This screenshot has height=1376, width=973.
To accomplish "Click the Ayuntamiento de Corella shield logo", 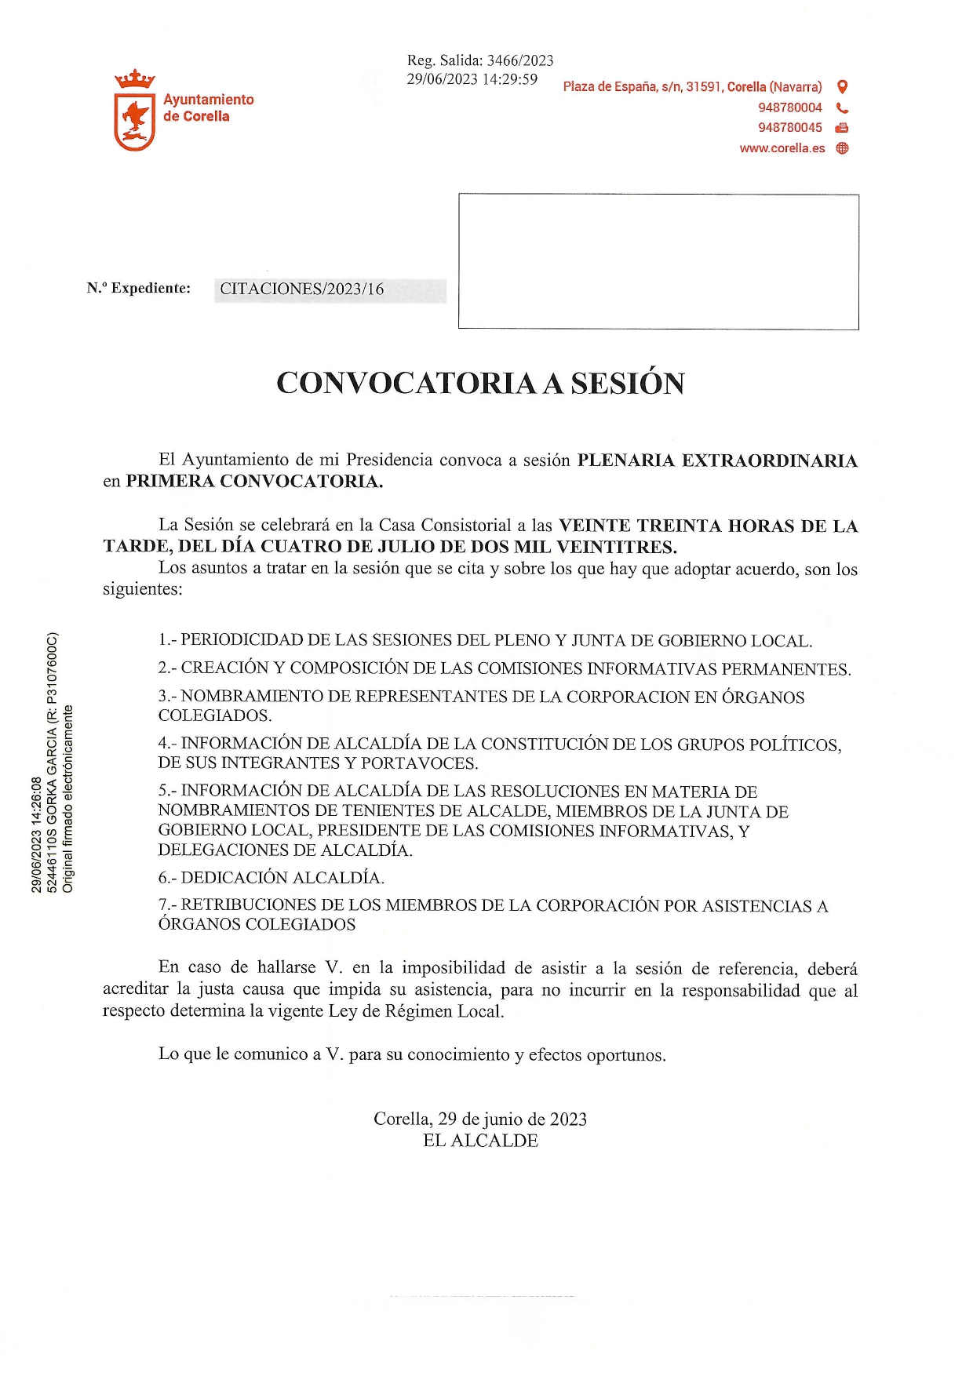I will point(134,111).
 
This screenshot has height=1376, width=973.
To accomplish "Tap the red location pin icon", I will point(842,86).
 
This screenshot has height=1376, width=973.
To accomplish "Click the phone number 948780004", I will point(789,107).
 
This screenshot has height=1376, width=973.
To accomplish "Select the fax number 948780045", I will point(789,128).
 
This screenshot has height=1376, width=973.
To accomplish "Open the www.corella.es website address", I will point(782,148).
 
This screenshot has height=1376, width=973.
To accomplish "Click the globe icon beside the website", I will point(842,148).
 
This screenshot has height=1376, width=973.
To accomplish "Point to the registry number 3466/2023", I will point(520,60).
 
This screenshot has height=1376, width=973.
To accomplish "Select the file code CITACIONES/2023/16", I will point(302,289).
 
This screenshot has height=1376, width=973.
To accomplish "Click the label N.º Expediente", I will point(139,288).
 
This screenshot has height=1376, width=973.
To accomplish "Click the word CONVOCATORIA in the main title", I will point(405,383).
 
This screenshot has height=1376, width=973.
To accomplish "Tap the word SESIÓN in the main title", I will point(627,383).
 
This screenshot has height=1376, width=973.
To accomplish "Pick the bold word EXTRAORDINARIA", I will point(769,460).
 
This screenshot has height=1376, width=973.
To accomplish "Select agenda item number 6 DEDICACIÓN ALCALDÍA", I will point(271,877).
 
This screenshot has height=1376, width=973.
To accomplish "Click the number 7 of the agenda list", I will point(163,905).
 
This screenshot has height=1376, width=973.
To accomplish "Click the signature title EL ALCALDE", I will point(480,1141).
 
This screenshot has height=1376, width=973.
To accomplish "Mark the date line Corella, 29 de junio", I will point(480,1119).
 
